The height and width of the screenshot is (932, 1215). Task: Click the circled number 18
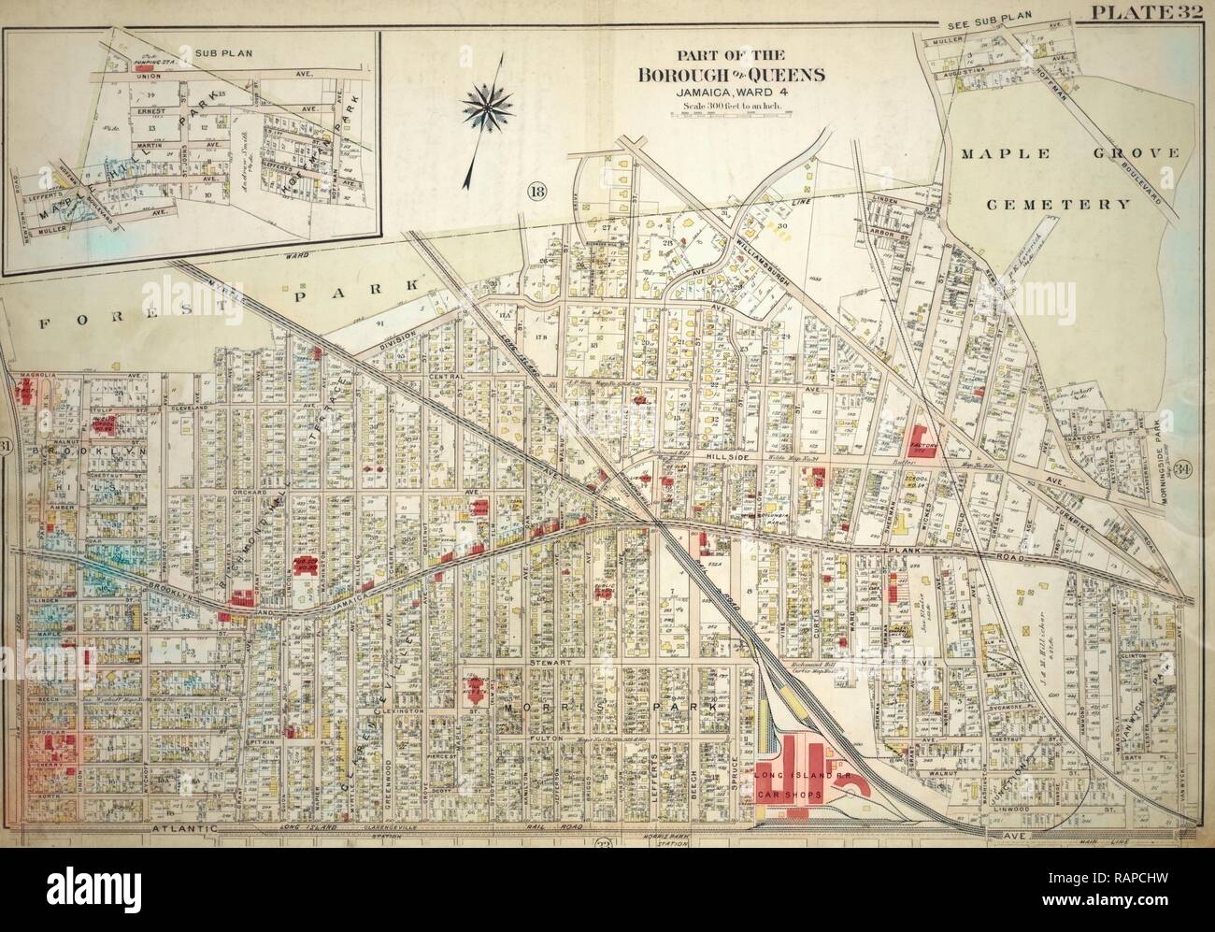pos(539,193)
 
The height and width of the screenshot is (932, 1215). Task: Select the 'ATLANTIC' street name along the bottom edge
pos(184,827)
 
